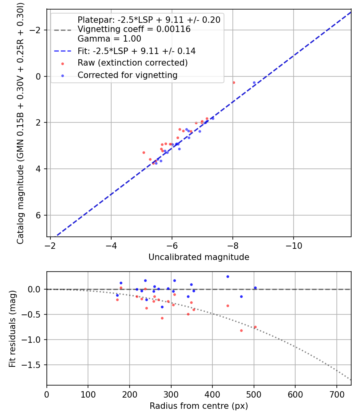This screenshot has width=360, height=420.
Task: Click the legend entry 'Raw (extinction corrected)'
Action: [x=132, y=63]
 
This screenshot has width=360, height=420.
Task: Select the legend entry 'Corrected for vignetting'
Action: [x=127, y=75]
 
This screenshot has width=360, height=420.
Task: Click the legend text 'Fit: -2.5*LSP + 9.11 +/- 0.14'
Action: [x=136, y=51]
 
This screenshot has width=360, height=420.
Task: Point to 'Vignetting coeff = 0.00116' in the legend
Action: [x=134, y=29]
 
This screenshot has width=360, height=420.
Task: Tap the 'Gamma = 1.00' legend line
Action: [x=109, y=39]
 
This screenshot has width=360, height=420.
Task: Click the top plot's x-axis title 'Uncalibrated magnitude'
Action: [x=199, y=257]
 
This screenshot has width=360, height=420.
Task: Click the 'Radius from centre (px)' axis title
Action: [x=199, y=406]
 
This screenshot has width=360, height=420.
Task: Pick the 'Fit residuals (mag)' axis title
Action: [x=12, y=328]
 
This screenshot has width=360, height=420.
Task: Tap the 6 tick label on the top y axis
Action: [x=39, y=215]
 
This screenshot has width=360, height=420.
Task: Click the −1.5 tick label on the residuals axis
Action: [x=35, y=365]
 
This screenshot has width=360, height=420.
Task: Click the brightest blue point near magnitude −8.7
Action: [x=254, y=83]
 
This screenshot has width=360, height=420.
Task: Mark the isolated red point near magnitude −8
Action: [x=234, y=82]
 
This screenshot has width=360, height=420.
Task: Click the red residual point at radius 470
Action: [x=241, y=330]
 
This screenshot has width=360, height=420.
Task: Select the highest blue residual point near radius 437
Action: [x=228, y=276]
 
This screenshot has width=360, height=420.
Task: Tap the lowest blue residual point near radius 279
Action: [x=162, y=307]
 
